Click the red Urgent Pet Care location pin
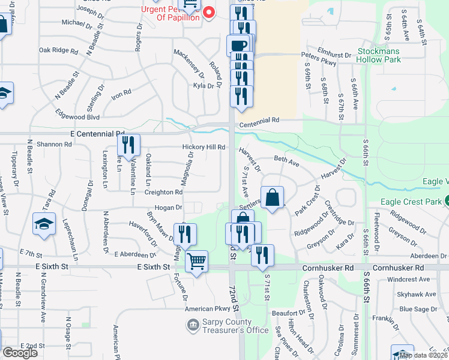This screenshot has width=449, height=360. (209, 11)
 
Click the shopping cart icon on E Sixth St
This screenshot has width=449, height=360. (196, 261)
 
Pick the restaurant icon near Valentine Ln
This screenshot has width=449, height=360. (128, 145)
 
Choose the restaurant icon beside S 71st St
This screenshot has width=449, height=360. (262, 254)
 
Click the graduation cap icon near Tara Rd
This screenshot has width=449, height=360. (44, 223)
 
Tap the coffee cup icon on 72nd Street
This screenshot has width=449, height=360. (238, 45)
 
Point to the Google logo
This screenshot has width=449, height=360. (20, 353)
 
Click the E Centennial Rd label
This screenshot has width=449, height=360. (97, 134)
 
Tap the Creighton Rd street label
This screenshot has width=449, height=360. (163, 192)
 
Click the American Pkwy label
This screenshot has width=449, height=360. (208, 309)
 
